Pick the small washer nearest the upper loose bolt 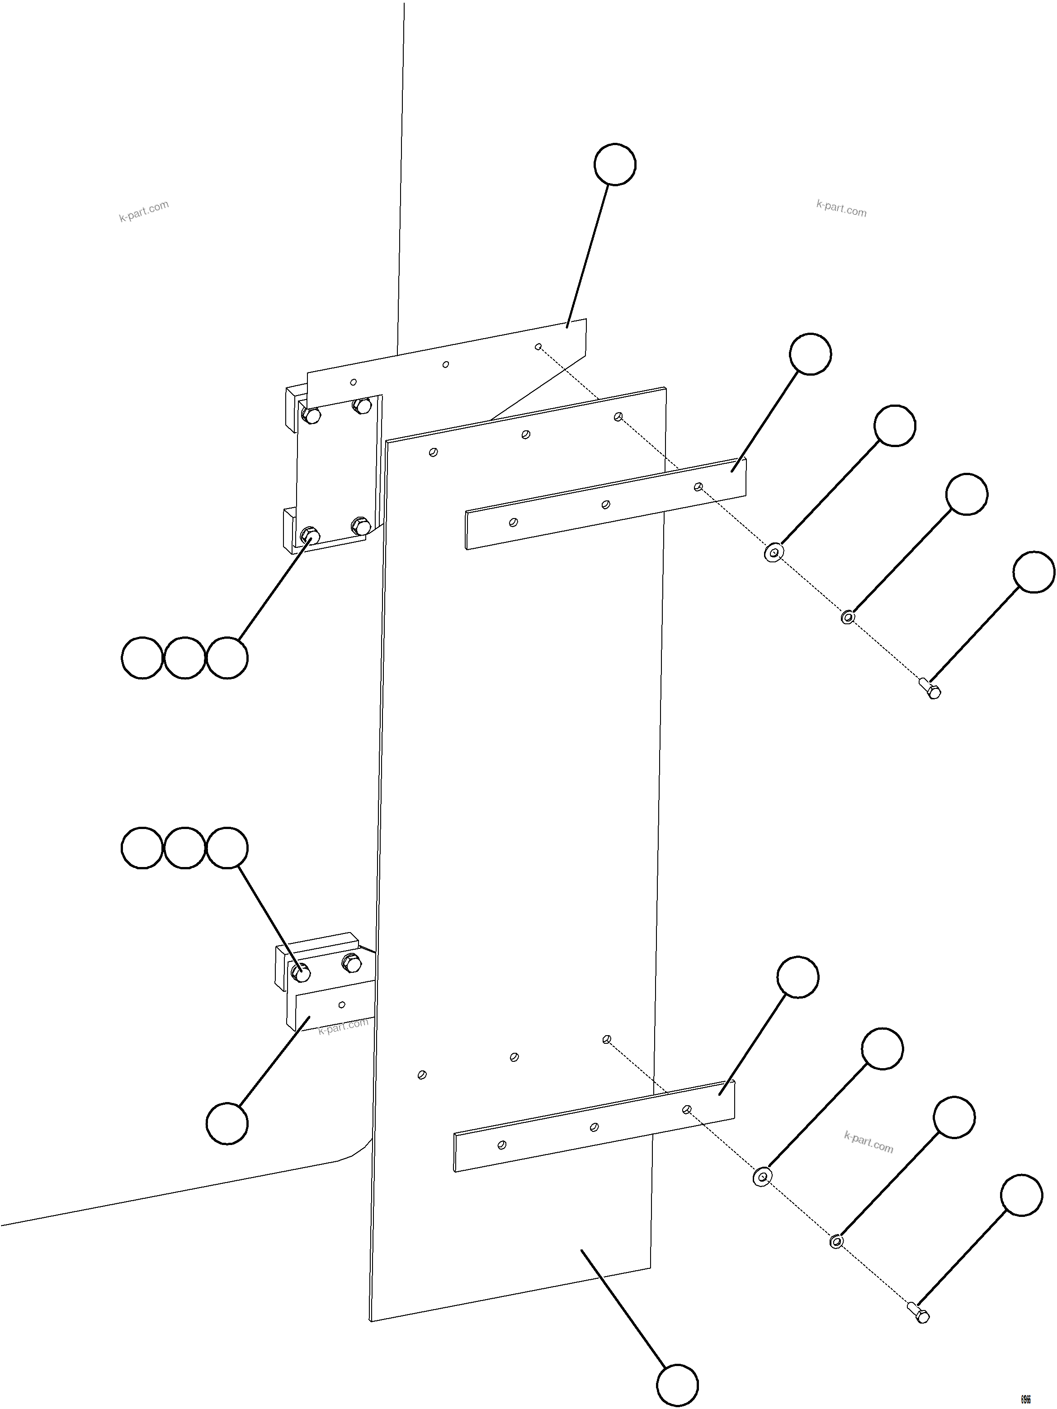tap(847, 617)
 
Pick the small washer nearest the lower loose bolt tap(836, 1241)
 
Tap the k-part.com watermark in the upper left tap(144, 211)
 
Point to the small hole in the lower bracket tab tap(342, 1004)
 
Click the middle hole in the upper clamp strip tap(606, 504)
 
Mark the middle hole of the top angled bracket tap(445, 364)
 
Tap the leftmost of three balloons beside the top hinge tap(142, 657)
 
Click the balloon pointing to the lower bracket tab tap(227, 1124)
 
